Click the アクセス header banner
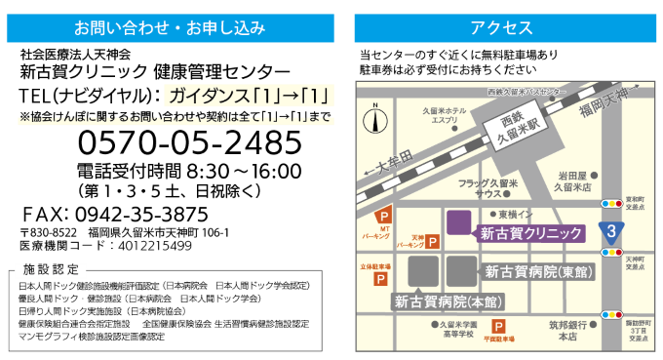(501, 28)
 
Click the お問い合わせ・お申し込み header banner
(170, 28)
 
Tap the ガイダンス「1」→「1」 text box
(250, 96)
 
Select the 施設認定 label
(51, 269)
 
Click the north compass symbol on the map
(375, 120)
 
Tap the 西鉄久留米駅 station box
(518, 129)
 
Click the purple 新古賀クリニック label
(530, 233)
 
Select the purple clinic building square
(459, 221)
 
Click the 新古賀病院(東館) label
(538, 271)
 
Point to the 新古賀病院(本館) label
(435, 301)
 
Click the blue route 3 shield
(611, 232)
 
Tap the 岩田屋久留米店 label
(573, 180)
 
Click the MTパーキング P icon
(383, 216)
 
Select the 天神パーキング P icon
(432, 241)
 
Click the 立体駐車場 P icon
(380, 279)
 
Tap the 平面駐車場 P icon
(498, 327)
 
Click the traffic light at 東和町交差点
(611, 204)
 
